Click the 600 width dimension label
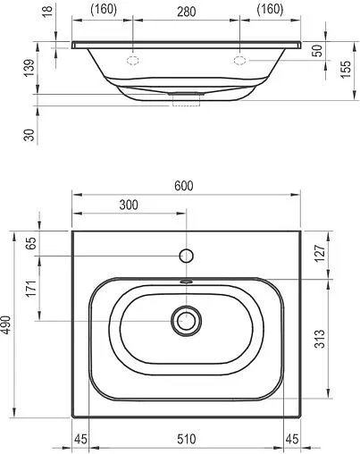click(184, 186)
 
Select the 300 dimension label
click(129, 205)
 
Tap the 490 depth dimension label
click(6, 325)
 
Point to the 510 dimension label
click(187, 439)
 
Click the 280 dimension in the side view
click(187, 12)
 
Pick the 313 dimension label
click(321, 339)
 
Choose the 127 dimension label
click(321, 254)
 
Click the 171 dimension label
click(31, 289)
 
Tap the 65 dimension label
click(31, 243)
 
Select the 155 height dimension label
click(346, 70)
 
